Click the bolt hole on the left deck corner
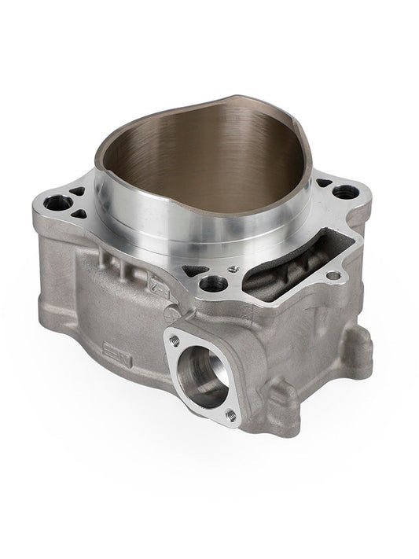57,203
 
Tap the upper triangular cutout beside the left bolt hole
77,191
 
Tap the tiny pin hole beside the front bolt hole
233,270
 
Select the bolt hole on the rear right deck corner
344,191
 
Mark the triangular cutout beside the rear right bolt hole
323,183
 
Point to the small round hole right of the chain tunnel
334,275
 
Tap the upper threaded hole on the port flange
174,340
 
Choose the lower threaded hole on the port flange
231,414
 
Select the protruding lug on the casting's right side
356,350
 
